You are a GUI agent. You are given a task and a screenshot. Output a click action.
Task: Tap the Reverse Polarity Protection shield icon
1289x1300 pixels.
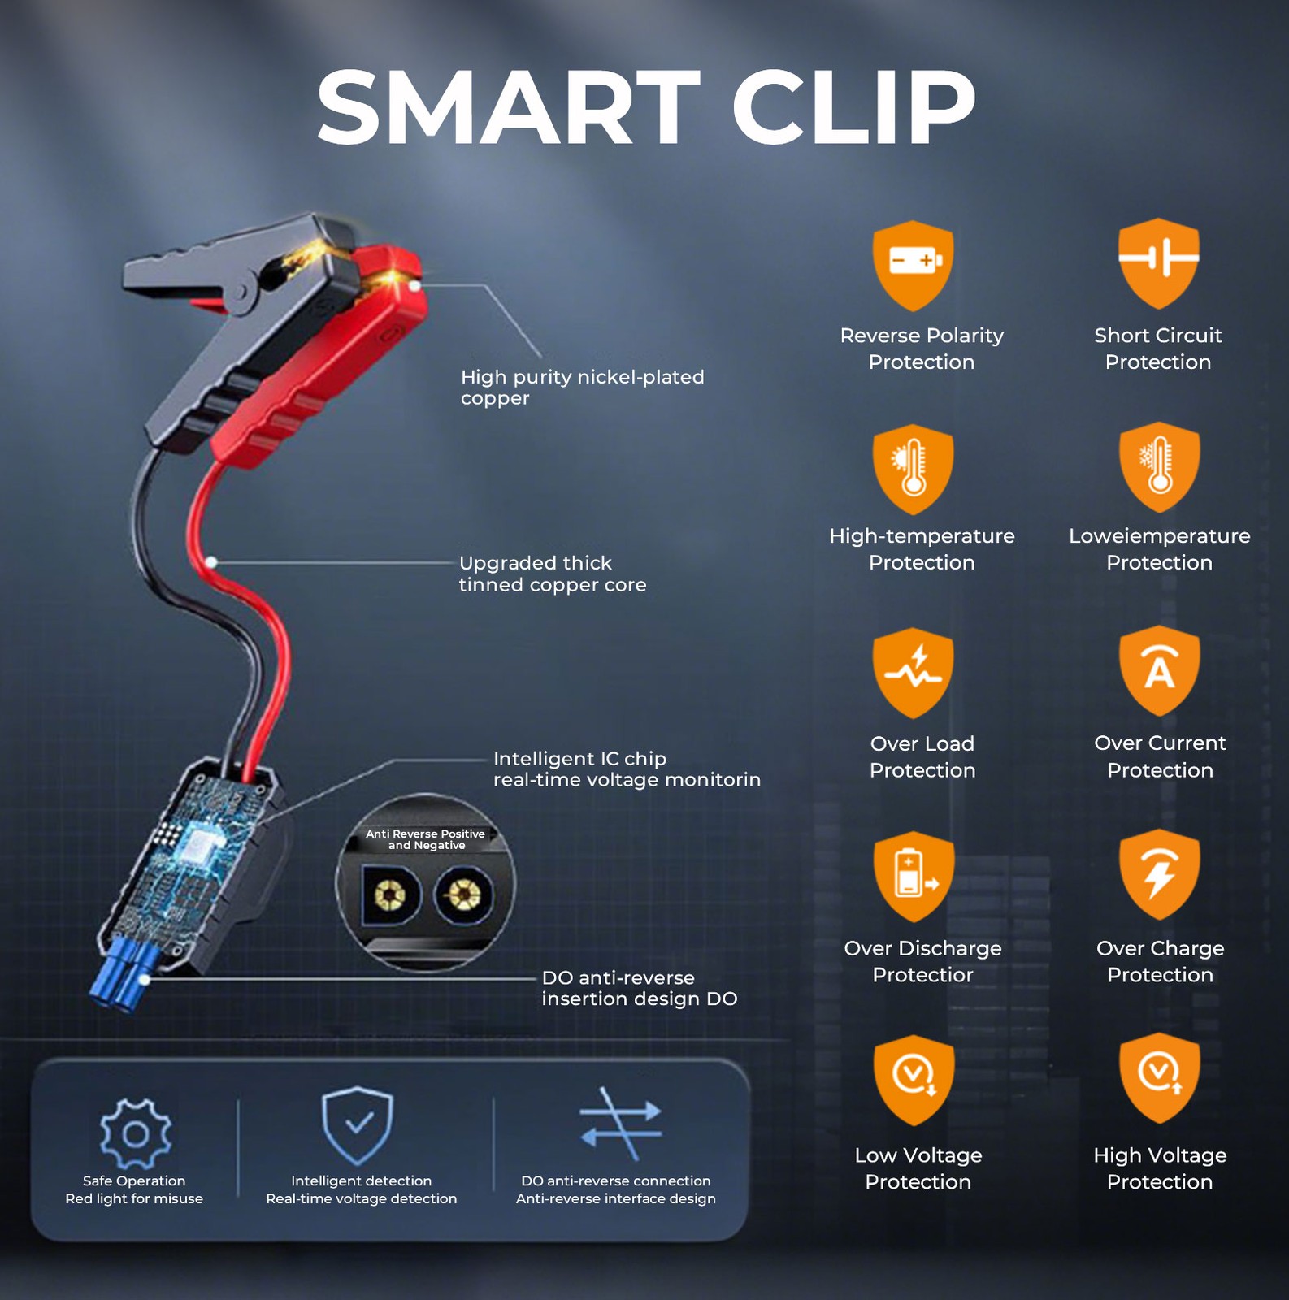coord(914,265)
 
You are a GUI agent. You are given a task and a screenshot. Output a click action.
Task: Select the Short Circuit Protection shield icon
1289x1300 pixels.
coord(1158,263)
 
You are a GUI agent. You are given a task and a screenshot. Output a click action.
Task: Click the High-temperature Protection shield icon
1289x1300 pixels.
coord(914,469)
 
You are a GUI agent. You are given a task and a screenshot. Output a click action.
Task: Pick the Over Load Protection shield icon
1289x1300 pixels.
coord(914,673)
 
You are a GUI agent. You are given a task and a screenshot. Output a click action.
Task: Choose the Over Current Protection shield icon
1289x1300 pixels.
coord(1159,671)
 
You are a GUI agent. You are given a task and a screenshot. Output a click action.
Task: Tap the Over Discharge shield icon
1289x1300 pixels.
coord(914,877)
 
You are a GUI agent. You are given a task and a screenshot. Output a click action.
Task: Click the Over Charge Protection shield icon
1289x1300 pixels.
coord(1159,875)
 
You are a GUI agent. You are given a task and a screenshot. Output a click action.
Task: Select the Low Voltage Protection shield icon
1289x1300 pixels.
coord(914,1081)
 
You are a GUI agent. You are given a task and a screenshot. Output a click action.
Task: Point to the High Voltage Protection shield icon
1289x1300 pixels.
coord(1159,1079)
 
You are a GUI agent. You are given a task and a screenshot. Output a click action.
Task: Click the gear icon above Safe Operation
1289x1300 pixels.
coord(136,1133)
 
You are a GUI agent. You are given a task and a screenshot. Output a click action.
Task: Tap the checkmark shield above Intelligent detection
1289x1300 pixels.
coord(358,1125)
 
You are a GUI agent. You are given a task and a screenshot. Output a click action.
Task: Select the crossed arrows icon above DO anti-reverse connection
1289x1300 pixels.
coord(620,1123)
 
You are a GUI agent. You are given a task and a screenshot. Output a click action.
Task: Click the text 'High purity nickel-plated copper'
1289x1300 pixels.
coord(582,388)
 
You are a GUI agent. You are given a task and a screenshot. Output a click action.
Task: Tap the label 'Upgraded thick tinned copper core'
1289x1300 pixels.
coord(553,574)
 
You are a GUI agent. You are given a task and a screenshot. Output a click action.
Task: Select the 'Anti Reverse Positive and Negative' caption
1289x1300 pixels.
coord(425,839)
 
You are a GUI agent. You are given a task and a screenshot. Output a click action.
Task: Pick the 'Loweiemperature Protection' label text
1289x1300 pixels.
coord(1160,549)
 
